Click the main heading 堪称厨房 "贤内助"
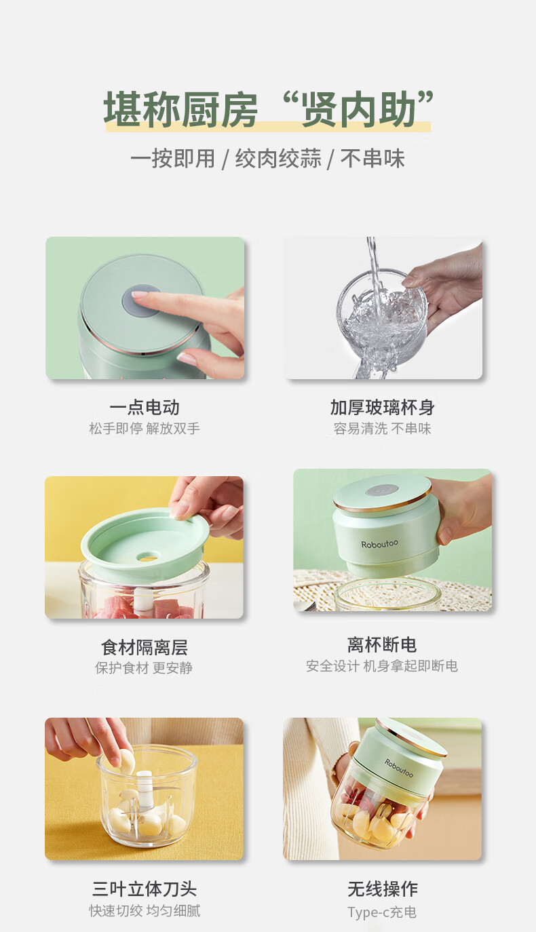(x=269, y=109)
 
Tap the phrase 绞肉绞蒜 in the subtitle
(x=278, y=159)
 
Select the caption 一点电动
(x=145, y=408)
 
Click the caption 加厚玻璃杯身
(x=383, y=408)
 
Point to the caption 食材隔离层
(x=145, y=647)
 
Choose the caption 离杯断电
(x=382, y=645)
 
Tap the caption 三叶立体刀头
(x=145, y=889)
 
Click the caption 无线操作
(x=383, y=889)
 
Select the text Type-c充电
(x=382, y=912)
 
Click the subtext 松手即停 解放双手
(x=145, y=428)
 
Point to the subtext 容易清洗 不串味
(x=382, y=428)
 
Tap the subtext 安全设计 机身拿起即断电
(x=382, y=666)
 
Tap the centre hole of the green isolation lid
(x=147, y=557)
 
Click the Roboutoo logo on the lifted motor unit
(x=379, y=544)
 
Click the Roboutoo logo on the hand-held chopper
(x=399, y=768)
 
